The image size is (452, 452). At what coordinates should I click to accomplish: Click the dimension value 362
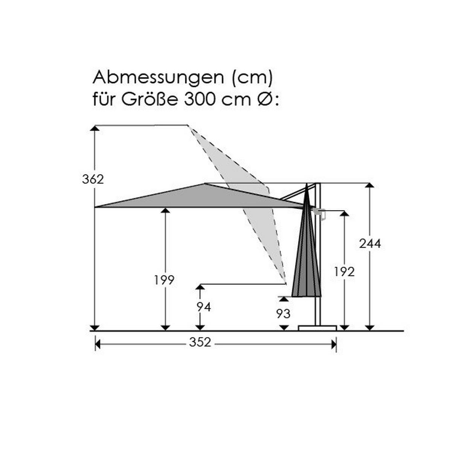[93, 179]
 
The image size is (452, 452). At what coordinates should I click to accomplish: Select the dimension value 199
[164, 280]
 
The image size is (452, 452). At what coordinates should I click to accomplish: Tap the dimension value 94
[203, 307]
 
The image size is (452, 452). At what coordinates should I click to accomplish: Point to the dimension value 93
[283, 313]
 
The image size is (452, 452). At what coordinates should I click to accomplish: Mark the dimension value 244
[370, 244]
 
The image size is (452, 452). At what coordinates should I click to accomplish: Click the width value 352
[200, 342]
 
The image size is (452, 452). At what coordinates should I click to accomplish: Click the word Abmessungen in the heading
[158, 78]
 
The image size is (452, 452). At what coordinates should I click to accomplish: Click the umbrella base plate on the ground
[317, 328]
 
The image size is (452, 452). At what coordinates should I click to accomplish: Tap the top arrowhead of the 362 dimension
[95, 128]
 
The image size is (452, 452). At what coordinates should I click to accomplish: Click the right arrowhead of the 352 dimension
[333, 344]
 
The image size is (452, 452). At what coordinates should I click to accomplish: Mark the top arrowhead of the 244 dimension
[370, 185]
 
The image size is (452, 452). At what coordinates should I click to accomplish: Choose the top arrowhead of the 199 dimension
[165, 210]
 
